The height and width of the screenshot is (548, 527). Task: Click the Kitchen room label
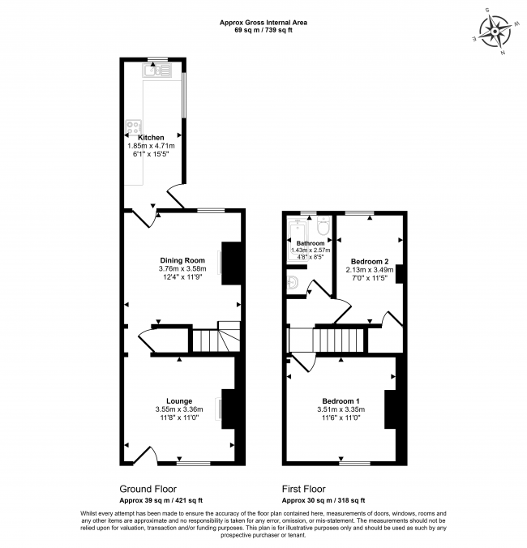click(151, 137)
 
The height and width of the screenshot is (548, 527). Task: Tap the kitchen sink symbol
click(156, 71)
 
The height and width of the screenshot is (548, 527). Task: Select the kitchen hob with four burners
click(134, 126)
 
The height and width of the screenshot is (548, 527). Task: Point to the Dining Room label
click(182, 260)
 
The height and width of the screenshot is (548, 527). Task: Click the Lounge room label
click(179, 401)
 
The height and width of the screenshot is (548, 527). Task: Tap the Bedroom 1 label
click(341, 401)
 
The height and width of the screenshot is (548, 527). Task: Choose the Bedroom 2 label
click(370, 261)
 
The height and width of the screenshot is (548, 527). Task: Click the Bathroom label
click(311, 243)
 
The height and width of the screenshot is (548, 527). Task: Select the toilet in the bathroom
click(323, 225)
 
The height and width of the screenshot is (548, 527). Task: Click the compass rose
click(495, 32)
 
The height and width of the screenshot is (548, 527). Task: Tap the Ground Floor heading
click(148, 489)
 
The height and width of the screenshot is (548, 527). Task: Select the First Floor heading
click(304, 489)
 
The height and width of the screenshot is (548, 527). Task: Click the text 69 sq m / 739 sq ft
click(263, 30)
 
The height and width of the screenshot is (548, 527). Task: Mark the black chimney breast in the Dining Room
click(231, 263)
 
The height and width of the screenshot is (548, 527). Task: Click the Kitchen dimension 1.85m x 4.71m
click(151, 146)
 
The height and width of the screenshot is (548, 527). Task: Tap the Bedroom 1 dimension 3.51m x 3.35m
click(341, 409)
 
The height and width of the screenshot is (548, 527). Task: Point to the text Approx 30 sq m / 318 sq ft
click(323, 500)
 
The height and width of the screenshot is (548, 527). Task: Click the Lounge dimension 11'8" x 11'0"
click(180, 417)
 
